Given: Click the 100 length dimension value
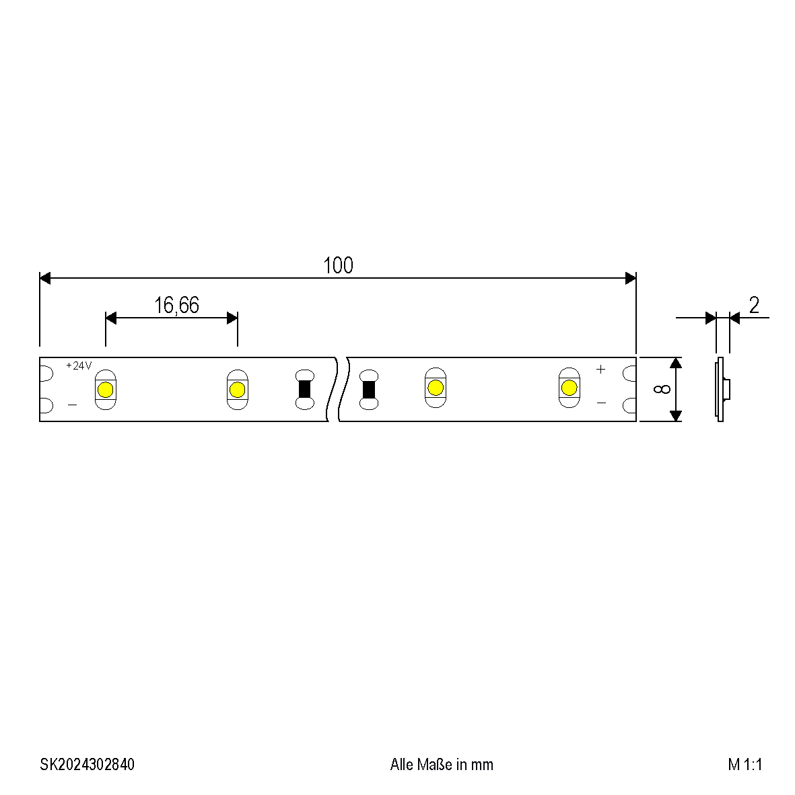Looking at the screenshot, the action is click(x=338, y=265).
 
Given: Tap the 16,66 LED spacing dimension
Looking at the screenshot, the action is click(x=176, y=305).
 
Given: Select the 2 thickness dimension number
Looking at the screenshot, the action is click(x=754, y=305).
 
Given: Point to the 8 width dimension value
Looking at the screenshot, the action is click(x=662, y=389).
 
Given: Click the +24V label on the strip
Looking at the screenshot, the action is click(x=79, y=366).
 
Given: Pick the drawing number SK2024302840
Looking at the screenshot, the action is click(x=88, y=764).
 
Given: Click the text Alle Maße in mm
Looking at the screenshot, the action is click(x=442, y=764).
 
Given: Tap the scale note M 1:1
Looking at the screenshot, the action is click(x=745, y=764).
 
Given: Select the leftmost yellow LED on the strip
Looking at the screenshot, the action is click(x=106, y=390).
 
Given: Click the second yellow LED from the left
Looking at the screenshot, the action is click(x=237, y=390).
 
